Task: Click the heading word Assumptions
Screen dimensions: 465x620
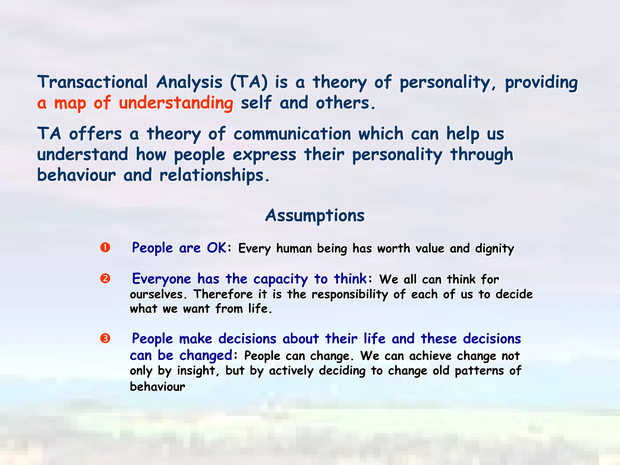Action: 315,216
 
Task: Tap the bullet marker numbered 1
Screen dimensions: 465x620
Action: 105,248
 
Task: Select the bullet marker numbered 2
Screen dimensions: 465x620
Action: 105,278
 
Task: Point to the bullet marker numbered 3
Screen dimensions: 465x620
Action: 105,338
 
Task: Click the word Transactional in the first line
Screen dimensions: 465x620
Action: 93,82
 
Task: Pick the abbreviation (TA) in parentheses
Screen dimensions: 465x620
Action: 249,82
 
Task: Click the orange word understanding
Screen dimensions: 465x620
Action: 176,103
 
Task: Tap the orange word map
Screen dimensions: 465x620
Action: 70,103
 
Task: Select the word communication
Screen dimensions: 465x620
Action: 292,134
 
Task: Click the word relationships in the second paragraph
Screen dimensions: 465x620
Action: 214,176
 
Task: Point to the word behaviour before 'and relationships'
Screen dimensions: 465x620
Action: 76,175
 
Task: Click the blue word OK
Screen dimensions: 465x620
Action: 216,248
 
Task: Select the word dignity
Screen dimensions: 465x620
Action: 495,249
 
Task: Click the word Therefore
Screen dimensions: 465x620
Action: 223,294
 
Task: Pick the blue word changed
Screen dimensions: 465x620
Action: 206,355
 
